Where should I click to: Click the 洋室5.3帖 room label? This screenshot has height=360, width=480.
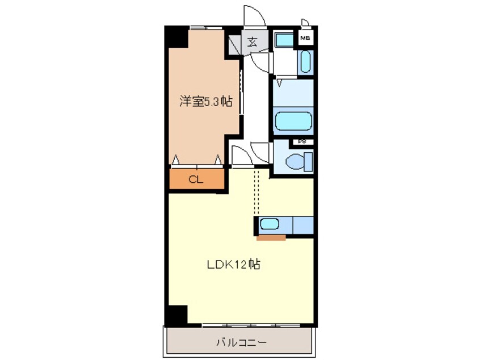click(205, 102)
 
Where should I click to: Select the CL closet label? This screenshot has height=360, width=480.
click(196, 181)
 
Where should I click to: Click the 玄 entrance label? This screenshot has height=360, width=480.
click(251, 41)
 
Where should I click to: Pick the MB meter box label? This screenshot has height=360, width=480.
click(305, 39)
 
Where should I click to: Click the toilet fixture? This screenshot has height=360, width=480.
click(298, 161)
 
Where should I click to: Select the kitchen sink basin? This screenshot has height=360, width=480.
click(270, 225)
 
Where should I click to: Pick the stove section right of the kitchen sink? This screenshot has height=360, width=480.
click(302, 225)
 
